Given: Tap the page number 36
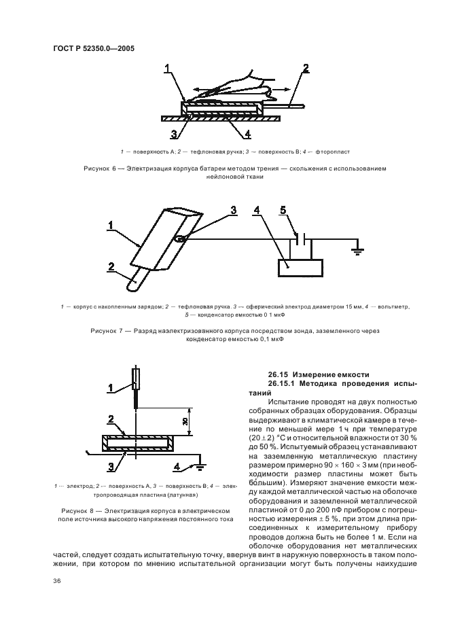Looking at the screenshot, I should click(57, 580).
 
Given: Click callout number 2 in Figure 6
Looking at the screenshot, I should click(306, 68).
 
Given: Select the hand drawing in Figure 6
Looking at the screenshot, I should click(231, 85).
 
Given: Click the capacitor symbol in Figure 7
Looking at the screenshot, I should click(302, 238).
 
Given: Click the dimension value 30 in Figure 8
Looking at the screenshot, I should click(185, 421).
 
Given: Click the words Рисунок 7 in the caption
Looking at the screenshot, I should click(108, 330).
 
